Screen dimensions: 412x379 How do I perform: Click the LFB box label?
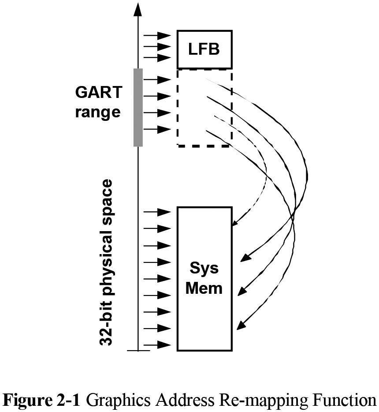(x=204, y=49)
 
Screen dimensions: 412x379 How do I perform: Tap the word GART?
(x=98, y=93)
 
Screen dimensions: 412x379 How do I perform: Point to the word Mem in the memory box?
(x=204, y=289)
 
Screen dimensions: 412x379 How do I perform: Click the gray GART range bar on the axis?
(x=138, y=107)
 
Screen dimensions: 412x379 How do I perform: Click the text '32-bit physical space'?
(x=106, y=262)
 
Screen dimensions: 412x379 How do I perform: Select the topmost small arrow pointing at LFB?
(x=157, y=35)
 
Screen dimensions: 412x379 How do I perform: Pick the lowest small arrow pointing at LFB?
(x=157, y=58)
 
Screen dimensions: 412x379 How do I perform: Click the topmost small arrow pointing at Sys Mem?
(x=157, y=212)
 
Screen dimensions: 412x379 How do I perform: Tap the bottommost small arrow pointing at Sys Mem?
(x=157, y=345)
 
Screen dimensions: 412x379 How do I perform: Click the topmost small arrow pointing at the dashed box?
(x=157, y=79)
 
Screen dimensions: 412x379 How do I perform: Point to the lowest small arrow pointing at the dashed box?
(x=157, y=129)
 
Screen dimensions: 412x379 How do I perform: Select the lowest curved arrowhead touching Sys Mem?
(x=241, y=326)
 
